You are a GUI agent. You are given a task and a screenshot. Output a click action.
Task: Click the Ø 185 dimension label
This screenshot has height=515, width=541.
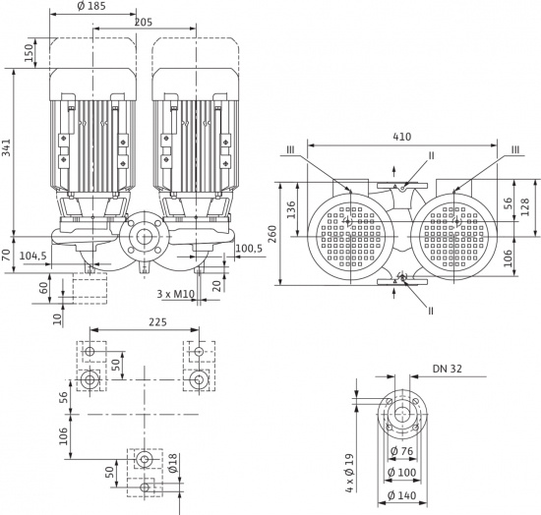(91, 6)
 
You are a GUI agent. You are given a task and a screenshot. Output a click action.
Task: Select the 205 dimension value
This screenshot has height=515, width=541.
(144, 23)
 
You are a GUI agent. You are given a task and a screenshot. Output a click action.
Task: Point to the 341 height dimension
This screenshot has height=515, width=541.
(7, 147)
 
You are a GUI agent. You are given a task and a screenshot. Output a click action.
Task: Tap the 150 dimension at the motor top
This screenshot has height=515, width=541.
(30, 53)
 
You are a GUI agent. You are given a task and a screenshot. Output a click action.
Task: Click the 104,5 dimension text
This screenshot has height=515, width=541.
(33, 257)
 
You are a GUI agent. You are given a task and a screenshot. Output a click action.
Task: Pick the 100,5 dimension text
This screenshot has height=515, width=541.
(250, 249)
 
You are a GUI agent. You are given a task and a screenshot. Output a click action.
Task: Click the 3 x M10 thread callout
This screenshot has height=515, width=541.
(176, 294)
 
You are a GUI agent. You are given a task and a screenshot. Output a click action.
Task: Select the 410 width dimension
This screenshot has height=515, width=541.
(402, 137)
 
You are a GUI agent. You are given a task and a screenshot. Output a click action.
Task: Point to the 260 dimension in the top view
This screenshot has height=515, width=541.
(272, 234)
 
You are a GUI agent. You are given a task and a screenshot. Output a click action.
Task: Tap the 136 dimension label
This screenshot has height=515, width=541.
(291, 209)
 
